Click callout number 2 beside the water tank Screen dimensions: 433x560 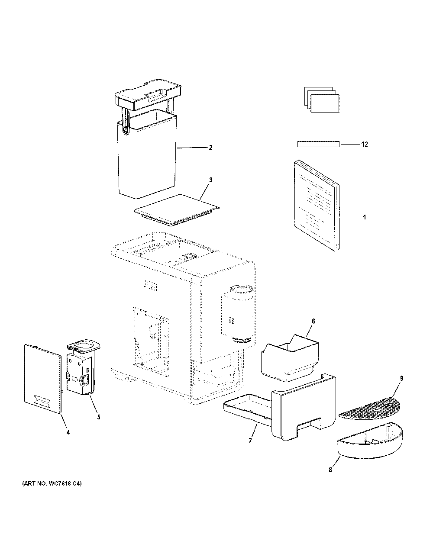point(210,148)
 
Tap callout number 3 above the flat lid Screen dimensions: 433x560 point(210,180)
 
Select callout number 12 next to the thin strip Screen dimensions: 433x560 point(365,144)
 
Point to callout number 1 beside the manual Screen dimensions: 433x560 point(365,217)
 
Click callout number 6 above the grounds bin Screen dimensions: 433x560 point(313,321)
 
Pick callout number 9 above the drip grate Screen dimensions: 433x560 point(401,378)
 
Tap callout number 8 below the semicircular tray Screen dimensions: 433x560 point(330,470)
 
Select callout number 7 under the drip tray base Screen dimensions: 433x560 point(250,441)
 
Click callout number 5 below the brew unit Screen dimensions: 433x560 point(99,417)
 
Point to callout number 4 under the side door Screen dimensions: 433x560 point(68,432)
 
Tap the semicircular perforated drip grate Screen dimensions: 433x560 point(370,408)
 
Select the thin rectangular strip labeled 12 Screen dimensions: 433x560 point(318,144)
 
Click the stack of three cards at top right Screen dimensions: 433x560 point(322,100)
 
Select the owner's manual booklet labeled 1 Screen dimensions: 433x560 point(317,206)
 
